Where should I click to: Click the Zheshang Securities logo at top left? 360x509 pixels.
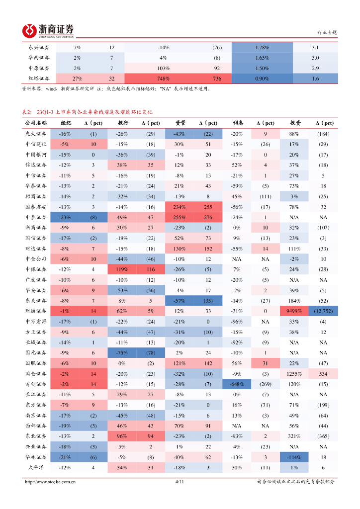pyautogui.click(x=48, y=31)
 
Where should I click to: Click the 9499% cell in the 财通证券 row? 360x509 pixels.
pyautogui.click(x=293, y=311)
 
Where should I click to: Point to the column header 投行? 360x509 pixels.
pyautogui.click(x=122, y=123)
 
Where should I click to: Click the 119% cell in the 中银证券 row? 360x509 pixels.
pyautogui.click(x=122, y=269)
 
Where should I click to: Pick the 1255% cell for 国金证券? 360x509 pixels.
pyautogui.click(x=293, y=374)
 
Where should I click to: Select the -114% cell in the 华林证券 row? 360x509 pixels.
pyautogui.click(x=293, y=457)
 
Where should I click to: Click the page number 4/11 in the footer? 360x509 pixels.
pyautogui.click(x=180, y=482)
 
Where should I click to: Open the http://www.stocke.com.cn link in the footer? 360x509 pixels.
pyautogui.click(x=50, y=482)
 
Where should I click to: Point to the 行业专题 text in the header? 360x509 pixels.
pyautogui.click(x=327, y=32)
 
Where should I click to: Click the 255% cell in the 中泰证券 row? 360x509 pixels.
pyautogui.click(x=180, y=217)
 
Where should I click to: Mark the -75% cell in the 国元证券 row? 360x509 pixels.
pyautogui.click(x=122, y=353)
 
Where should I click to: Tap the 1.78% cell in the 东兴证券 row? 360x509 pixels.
pyautogui.click(x=262, y=47)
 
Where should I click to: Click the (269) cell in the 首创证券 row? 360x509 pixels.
pyautogui.click(x=266, y=384)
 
